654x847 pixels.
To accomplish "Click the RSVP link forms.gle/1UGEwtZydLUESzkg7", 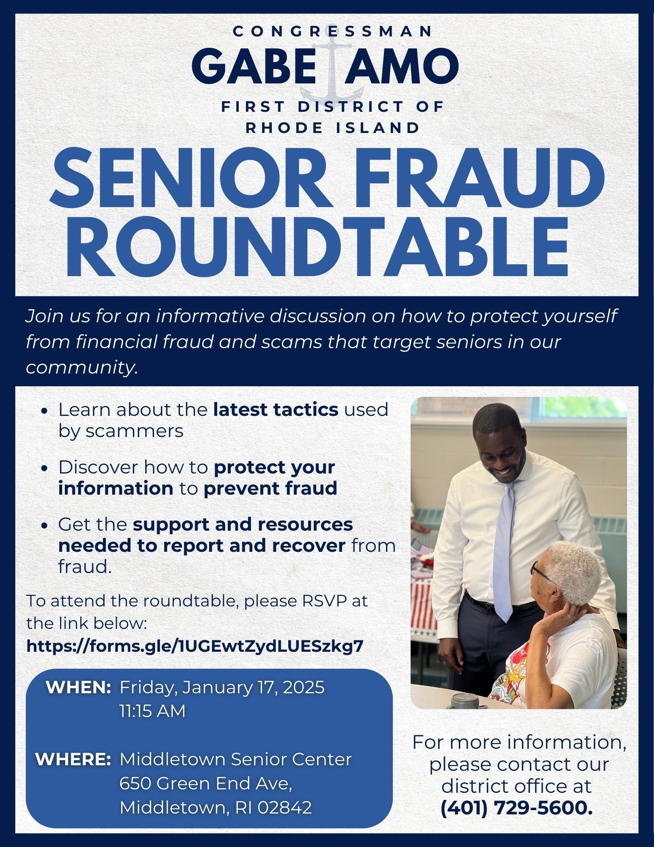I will (x=195, y=646).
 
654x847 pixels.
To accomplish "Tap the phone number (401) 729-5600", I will (x=516, y=808).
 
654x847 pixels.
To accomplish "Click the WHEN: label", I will (x=78, y=687).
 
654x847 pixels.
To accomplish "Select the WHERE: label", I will (x=73, y=759).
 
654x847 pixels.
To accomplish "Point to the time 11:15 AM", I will (x=152, y=711).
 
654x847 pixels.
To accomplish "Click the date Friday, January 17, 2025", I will (x=222, y=687).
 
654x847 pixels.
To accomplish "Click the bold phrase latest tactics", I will (x=276, y=410).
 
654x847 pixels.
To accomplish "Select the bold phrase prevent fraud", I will (x=270, y=488).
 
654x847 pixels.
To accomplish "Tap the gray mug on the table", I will (x=463, y=701).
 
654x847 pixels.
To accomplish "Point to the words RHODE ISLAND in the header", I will (x=333, y=127).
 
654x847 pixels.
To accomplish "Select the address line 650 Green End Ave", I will (x=206, y=783).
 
